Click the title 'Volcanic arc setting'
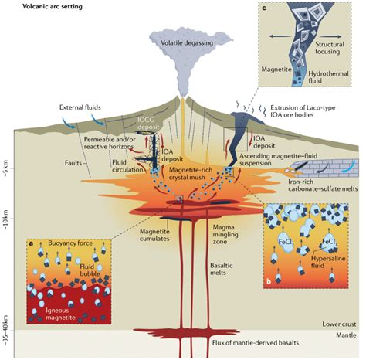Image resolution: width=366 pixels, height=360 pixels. tap(53, 6)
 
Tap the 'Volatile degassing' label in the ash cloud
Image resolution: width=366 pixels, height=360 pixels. tap(187, 42)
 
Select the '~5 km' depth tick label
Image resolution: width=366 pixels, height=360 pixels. tap(6, 168)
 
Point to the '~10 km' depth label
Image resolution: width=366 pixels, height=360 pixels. tap(6, 219)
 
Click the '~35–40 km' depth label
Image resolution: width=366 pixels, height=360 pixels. tap(6, 330)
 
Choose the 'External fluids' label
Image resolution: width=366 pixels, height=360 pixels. tap(80, 107)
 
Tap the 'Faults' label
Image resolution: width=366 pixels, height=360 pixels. tap(73, 163)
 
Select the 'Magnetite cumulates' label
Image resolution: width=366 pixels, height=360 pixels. tap(154, 235)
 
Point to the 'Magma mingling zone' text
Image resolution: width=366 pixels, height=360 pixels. tap(222, 234)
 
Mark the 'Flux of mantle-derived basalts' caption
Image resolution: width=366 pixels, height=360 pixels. tap(256, 343)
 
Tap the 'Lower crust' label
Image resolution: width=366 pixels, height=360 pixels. tap(339, 324)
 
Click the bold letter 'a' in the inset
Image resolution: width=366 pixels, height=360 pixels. tap(31, 243)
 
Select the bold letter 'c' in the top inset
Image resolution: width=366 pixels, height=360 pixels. tap(264, 8)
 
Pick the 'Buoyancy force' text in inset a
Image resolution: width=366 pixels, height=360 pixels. tap(70, 243)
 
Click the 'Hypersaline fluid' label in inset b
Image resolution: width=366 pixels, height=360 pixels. tap(328, 262)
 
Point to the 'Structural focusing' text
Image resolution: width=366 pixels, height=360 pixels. tap(330, 48)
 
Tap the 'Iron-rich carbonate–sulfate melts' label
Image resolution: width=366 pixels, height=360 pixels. tap(323, 185)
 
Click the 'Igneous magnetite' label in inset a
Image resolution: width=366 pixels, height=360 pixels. tap(60, 314)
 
